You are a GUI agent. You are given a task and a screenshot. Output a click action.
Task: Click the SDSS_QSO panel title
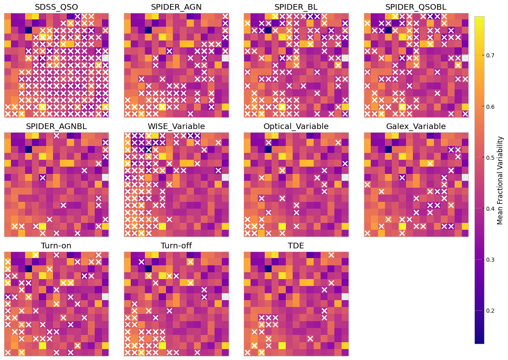pyautogui.click(x=56, y=7)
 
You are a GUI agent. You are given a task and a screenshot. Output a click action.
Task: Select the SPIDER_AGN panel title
pyautogui.click(x=176, y=7)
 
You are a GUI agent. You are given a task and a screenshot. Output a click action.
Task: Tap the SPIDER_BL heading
pyautogui.click(x=296, y=7)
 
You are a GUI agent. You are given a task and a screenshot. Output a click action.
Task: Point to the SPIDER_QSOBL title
pyautogui.click(x=416, y=7)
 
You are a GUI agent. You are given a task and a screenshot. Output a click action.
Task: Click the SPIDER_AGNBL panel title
pyautogui.click(x=56, y=126)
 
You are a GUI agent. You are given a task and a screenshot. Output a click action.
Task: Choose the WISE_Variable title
pyautogui.click(x=176, y=126)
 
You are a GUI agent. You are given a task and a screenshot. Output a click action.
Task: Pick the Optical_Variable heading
pyautogui.click(x=296, y=126)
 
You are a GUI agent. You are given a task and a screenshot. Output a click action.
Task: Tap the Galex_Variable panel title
pyautogui.click(x=416, y=126)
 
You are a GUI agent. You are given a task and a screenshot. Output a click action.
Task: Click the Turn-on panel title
pyautogui.click(x=56, y=246)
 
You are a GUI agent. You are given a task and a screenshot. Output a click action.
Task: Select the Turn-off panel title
pyautogui.click(x=176, y=246)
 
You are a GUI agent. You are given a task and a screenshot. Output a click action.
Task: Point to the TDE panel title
pyautogui.click(x=296, y=246)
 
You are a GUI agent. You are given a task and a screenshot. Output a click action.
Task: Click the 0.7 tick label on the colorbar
pyautogui.click(x=491, y=55)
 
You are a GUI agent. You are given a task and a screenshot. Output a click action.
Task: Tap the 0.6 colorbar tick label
pyautogui.click(x=491, y=106)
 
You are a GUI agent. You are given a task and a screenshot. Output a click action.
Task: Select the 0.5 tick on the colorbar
pyautogui.click(x=491, y=157)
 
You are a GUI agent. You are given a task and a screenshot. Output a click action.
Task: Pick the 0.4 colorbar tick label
pyautogui.click(x=491, y=208)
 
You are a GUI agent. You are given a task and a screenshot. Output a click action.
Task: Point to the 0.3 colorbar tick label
pyautogui.click(x=491, y=259)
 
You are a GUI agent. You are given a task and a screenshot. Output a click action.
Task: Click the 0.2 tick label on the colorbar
pyautogui.click(x=491, y=310)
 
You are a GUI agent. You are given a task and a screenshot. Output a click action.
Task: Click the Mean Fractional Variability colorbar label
pyautogui.click(x=501, y=180)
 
